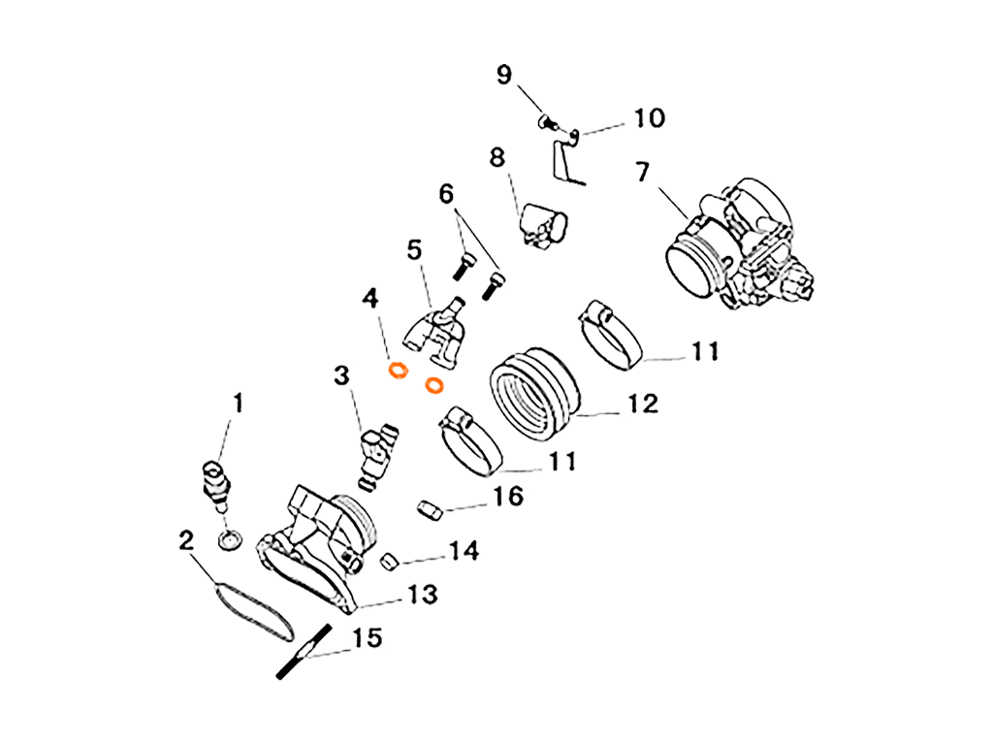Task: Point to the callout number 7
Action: pyautogui.click(x=642, y=172)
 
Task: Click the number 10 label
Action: pyautogui.click(x=649, y=119)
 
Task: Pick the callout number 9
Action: pyautogui.click(x=503, y=75)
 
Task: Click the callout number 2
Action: pyautogui.click(x=186, y=540)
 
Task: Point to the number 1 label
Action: pyautogui.click(x=236, y=403)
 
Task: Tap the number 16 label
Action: pyautogui.click(x=509, y=497)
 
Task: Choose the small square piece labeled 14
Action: pyautogui.click(x=387, y=560)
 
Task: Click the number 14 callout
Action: pyautogui.click(x=464, y=551)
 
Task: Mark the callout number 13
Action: pyautogui.click(x=422, y=594)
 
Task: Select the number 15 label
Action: pyautogui.click(x=367, y=637)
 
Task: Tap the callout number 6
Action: pyautogui.click(x=446, y=194)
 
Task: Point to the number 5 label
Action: pyautogui.click(x=415, y=251)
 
